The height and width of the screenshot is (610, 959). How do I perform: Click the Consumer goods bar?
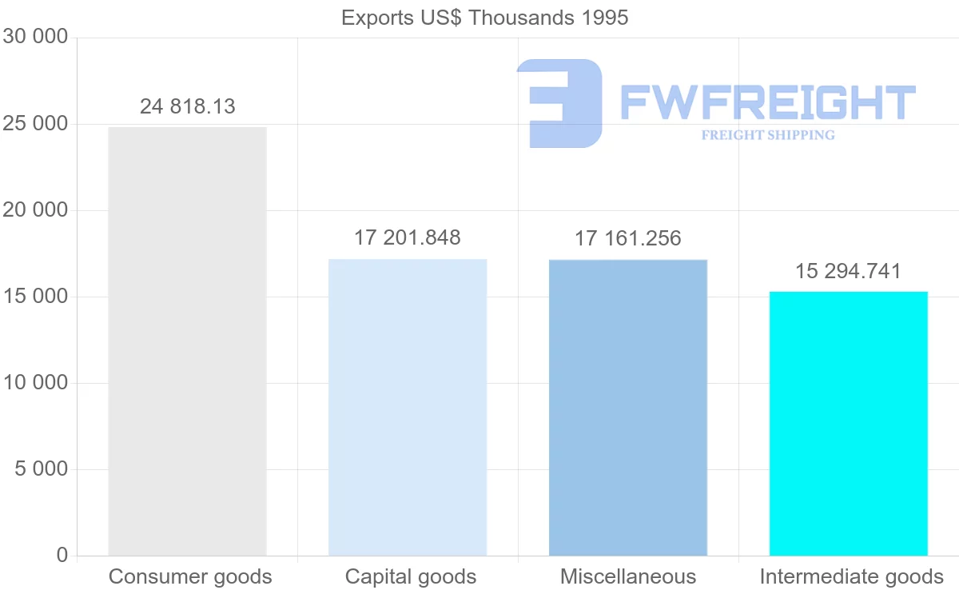(x=187, y=341)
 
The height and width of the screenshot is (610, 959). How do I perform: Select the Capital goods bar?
(x=408, y=407)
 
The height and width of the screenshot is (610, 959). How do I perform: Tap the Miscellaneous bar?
(x=628, y=407)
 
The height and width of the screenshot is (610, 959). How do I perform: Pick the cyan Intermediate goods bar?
(x=848, y=423)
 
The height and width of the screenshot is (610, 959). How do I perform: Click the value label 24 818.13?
(x=188, y=106)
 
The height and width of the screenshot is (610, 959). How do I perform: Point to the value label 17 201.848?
(x=408, y=237)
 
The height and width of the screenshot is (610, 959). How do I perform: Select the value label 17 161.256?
(x=628, y=238)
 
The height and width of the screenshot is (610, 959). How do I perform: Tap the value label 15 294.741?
(x=848, y=271)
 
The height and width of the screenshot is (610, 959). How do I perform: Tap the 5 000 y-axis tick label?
(x=41, y=469)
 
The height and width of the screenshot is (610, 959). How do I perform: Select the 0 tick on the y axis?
(x=62, y=556)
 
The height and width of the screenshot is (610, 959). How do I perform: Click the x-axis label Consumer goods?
(x=190, y=576)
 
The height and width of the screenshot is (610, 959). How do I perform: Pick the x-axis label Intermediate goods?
(x=851, y=576)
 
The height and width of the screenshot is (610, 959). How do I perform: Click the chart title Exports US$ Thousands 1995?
(x=485, y=18)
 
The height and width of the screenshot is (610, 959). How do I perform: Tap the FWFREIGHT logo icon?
(x=559, y=103)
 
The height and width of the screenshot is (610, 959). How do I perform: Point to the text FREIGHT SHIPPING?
(x=768, y=135)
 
